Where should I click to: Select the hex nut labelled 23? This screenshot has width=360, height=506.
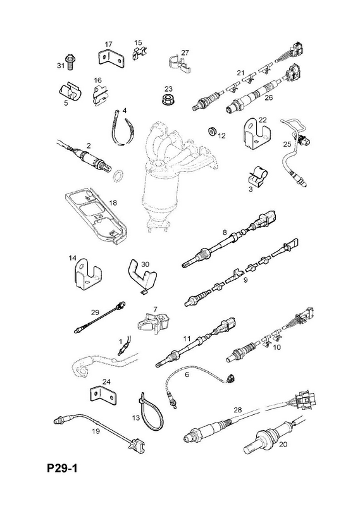point(167,99)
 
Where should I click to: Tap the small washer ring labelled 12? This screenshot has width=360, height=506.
point(212,132)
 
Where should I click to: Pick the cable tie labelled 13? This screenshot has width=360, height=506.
point(151,409)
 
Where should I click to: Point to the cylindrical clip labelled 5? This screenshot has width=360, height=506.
point(70,92)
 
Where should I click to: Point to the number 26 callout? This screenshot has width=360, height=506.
point(269,97)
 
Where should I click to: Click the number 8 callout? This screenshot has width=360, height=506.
point(225,232)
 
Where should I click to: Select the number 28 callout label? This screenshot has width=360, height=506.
point(238,410)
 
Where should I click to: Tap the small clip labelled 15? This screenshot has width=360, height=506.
point(139,53)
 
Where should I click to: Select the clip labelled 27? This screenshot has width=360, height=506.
point(178,64)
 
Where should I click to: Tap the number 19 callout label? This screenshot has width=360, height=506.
point(96,431)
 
